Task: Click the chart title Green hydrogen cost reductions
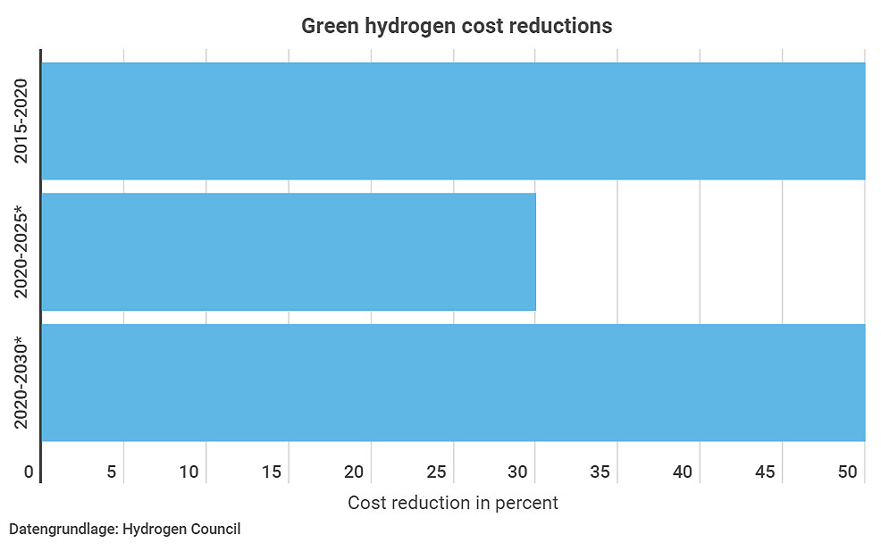pos(457,26)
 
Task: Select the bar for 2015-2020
pos(453,121)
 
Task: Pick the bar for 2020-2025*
pos(289,252)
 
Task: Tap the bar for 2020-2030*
pos(453,382)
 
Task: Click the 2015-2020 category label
pos(22,121)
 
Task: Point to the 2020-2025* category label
pos(22,252)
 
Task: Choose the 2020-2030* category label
pos(22,382)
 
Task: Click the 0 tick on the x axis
pos(29,472)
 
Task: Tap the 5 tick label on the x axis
pos(112,472)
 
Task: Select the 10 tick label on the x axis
pos(189,472)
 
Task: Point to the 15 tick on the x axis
pos(272,472)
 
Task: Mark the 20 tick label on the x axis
pos(354,472)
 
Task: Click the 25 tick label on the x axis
pos(436,472)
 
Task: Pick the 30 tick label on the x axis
pos(518,472)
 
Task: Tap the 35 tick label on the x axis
pos(601,472)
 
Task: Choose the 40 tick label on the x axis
pos(684,472)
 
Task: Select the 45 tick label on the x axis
pos(766,472)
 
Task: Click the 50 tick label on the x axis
pos(848,472)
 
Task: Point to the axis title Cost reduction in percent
pos(453,503)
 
